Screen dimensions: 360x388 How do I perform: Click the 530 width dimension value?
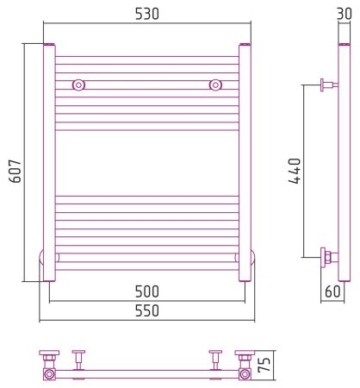pos(146,14)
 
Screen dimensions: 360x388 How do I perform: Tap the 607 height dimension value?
pos(15,172)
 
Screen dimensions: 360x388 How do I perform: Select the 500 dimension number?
pos(146,291)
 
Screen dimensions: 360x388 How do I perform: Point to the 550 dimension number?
pos(146,310)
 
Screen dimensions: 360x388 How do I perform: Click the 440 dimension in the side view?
pos(295,171)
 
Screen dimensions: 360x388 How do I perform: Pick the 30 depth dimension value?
pos(344,14)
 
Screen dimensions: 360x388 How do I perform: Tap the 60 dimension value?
pos(332,291)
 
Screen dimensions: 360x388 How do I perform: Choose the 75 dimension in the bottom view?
pos(264,365)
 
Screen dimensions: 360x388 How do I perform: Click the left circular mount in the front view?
pos(78,85)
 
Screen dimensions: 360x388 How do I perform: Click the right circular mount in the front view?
pos(215,85)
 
